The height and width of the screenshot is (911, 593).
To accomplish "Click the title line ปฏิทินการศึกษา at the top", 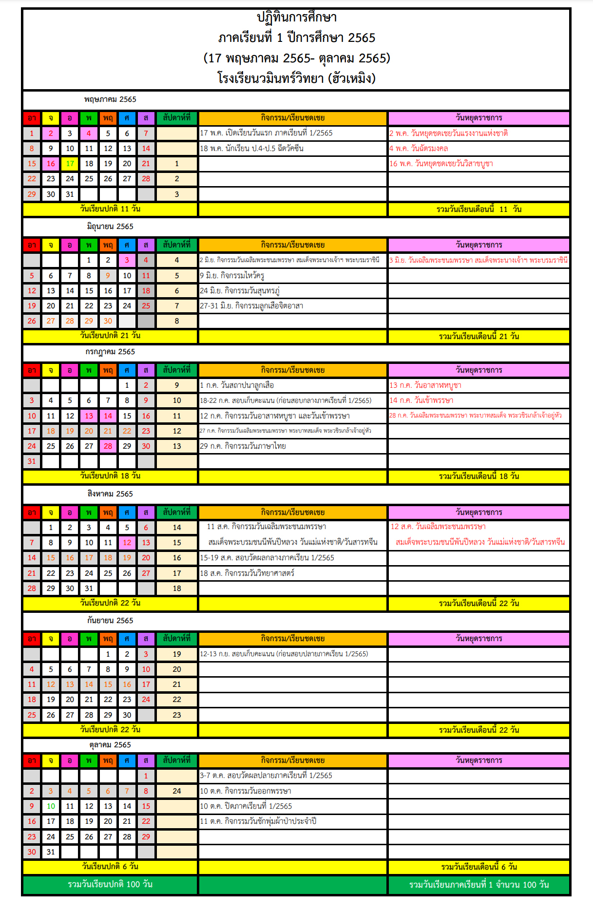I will click(x=296, y=18).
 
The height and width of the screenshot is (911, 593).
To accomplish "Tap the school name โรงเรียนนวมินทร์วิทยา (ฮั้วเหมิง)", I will click(x=296, y=78).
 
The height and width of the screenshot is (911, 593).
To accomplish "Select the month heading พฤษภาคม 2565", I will click(x=110, y=99).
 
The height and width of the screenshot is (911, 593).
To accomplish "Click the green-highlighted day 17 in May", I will click(x=70, y=164).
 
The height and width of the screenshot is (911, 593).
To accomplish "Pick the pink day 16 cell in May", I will click(x=51, y=164).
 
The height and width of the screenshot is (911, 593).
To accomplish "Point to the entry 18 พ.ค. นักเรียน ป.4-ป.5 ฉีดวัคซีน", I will click(x=251, y=149).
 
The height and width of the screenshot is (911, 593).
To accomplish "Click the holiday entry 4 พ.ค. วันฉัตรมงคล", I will click(x=419, y=149).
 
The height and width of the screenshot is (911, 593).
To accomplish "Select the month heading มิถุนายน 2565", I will click(x=110, y=227).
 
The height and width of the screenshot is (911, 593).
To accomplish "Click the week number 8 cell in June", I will click(x=177, y=321).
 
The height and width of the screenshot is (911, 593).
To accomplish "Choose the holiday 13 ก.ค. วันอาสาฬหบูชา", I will click(x=425, y=385).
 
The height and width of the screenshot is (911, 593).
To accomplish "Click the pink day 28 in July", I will click(x=108, y=446).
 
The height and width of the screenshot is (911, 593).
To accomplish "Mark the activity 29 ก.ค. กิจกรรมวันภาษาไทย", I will click(x=243, y=446).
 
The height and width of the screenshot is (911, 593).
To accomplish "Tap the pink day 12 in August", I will click(x=127, y=543).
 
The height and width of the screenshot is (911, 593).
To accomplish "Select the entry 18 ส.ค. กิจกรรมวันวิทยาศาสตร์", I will click(x=247, y=573).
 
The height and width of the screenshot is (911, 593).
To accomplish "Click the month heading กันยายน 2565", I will click(x=110, y=621).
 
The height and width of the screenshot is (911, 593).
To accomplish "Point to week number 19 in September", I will click(x=177, y=654).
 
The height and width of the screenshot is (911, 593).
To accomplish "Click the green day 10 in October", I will click(x=51, y=806).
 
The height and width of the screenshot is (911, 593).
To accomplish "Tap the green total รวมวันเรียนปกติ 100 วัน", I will click(x=110, y=884).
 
